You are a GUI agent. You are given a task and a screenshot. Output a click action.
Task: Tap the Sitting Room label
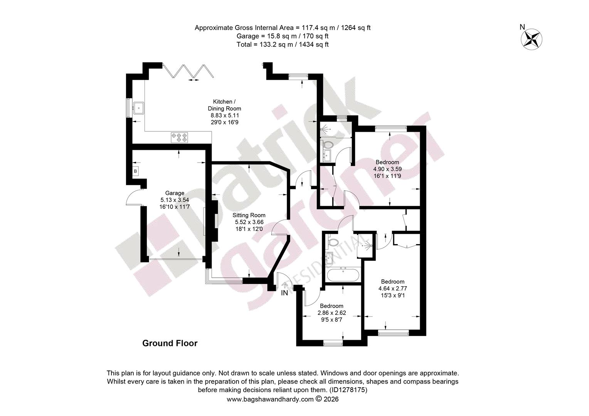[249, 215]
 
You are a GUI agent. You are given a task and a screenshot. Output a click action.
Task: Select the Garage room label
[175, 193]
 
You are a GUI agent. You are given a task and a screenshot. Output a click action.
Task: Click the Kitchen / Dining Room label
[224, 105]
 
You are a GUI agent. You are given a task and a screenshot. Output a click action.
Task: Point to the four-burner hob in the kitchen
[179, 138]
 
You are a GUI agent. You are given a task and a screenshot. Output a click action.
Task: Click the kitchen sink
[138, 108]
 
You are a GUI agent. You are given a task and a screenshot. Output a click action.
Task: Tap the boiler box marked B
[135, 171]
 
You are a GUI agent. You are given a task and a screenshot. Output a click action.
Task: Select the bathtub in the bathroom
[343, 275]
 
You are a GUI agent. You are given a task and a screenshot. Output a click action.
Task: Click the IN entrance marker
[284, 293]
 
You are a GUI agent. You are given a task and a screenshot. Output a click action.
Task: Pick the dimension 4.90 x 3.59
[387, 169]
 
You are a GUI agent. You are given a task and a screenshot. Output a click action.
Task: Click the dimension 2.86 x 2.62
[332, 313]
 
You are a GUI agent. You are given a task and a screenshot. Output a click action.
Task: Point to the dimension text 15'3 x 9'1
[392, 295]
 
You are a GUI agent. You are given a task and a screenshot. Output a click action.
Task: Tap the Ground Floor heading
[170, 343]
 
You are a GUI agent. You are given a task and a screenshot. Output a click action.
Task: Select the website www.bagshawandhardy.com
[270, 399]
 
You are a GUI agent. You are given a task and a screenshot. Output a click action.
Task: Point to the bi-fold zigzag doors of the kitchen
[188, 71]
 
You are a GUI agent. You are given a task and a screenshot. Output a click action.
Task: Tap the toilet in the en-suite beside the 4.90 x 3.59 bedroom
[328, 144]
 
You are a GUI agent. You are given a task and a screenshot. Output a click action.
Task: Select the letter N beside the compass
[522, 27]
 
